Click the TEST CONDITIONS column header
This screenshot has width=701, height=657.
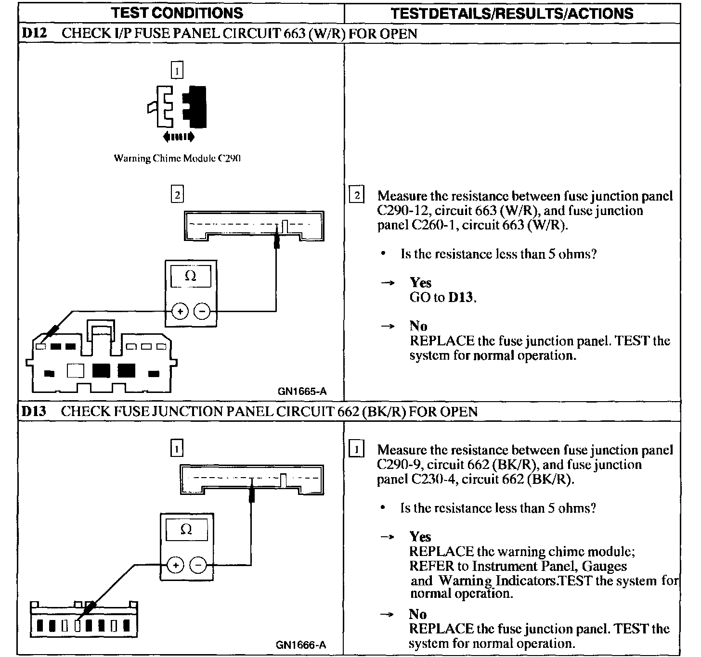click(177, 13)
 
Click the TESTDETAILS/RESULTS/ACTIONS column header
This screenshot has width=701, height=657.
click(512, 13)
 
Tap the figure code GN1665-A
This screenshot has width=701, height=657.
click(302, 392)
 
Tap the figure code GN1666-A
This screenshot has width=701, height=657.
click(301, 645)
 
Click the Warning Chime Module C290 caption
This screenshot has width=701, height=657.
click(177, 158)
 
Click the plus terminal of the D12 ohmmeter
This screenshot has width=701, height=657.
click(180, 312)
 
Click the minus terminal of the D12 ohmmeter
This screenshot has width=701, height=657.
click(202, 312)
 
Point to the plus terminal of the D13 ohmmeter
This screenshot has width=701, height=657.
click(175, 565)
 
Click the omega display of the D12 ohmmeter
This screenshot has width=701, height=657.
click(191, 277)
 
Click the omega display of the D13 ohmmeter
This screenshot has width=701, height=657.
click(186, 530)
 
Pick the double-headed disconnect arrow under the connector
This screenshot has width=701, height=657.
click(179, 137)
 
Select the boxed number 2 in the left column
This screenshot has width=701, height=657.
click(177, 195)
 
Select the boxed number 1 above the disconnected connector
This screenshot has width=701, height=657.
click(177, 71)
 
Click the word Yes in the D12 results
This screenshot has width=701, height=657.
click(420, 283)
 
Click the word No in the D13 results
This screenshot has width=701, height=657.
click(417, 614)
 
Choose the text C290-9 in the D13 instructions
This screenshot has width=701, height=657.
click(400, 465)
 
